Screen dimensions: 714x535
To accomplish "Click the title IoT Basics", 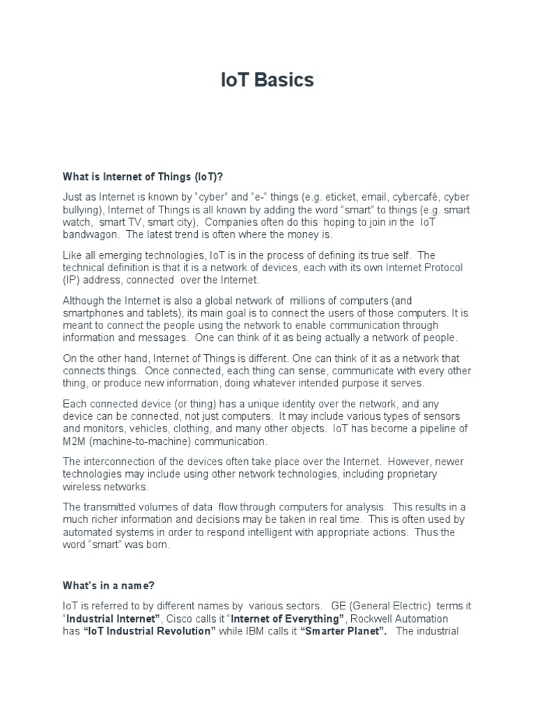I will point(267,80).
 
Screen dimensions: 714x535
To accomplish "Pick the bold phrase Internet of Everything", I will point(288,619).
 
